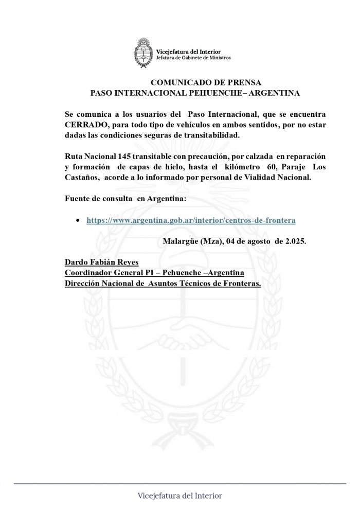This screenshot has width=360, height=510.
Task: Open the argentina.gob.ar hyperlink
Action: (x=191, y=220)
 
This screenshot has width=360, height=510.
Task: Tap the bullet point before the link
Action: (x=77, y=220)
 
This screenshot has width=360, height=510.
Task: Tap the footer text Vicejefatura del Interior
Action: (x=180, y=496)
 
